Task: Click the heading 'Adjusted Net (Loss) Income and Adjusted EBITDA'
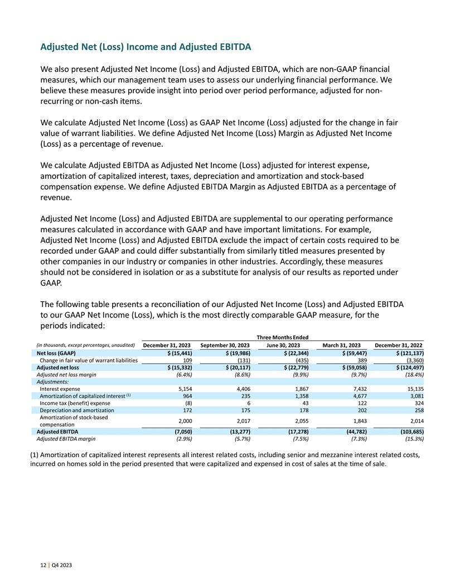[146, 47]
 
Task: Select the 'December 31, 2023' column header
[167, 345]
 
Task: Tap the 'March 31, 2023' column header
[342, 345]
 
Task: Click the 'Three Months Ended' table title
[283, 337]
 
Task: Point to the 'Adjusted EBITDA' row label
[57, 431]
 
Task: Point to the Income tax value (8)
[188, 403]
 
